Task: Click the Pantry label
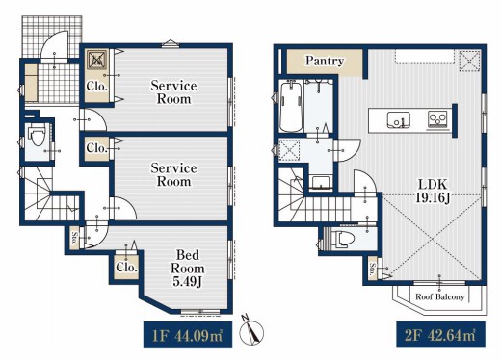(325, 61)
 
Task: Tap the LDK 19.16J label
(433, 192)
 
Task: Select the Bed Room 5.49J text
(188, 269)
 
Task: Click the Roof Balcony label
(440, 296)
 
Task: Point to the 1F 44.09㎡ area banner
(188, 335)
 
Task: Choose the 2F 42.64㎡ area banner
(440, 334)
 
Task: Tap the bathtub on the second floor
(291, 107)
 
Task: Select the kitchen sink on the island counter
(398, 119)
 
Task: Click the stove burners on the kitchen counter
(438, 119)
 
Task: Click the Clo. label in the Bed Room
(126, 268)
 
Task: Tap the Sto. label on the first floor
(74, 239)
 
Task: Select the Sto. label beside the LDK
(373, 270)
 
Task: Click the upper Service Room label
(173, 92)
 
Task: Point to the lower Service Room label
(173, 175)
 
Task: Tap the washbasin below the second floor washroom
(321, 182)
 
